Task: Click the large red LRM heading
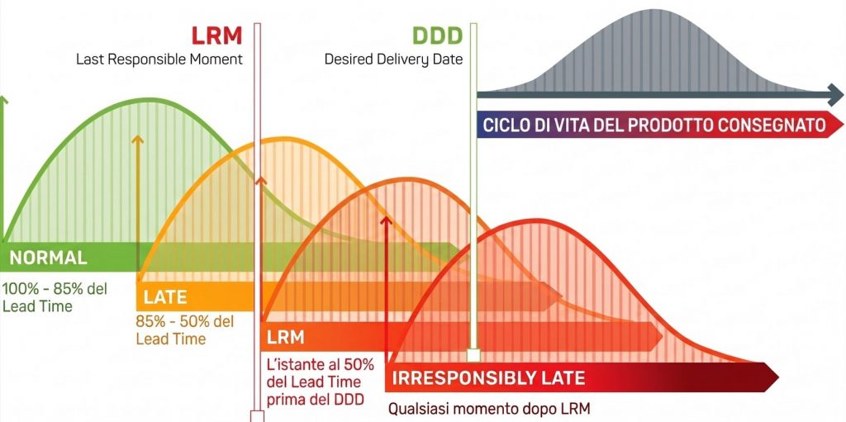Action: (217, 36)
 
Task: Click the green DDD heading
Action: (438, 36)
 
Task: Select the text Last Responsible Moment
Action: (159, 59)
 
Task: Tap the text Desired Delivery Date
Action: (393, 59)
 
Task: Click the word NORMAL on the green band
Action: (48, 258)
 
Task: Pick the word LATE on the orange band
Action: (165, 296)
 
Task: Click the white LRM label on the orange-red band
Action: (285, 338)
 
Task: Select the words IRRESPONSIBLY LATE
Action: (488, 377)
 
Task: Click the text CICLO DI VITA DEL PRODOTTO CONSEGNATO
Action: (654, 126)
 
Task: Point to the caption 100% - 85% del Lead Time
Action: (55, 297)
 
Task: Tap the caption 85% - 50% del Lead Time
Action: (185, 330)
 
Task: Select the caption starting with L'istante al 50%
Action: (321, 382)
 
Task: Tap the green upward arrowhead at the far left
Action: (4, 101)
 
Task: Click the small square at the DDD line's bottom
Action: (473, 355)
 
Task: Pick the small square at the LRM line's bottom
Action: (257, 416)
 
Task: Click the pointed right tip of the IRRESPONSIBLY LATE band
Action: (778, 377)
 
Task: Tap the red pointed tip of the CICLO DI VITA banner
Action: (842, 125)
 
